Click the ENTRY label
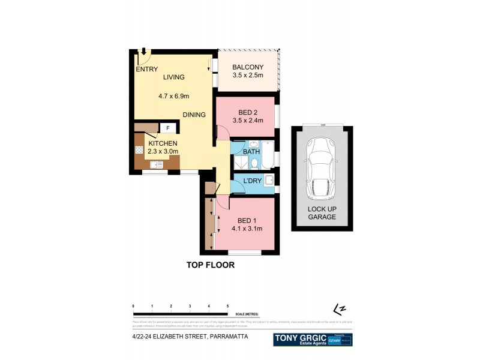[146, 70]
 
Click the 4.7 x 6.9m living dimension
[174, 95]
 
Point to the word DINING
[194, 115]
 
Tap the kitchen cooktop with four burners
[139, 150]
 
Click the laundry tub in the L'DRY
[269, 179]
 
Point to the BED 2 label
[247, 113]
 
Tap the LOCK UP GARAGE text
[322, 212]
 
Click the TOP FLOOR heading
[209, 265]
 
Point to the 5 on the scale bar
[227, 307]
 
